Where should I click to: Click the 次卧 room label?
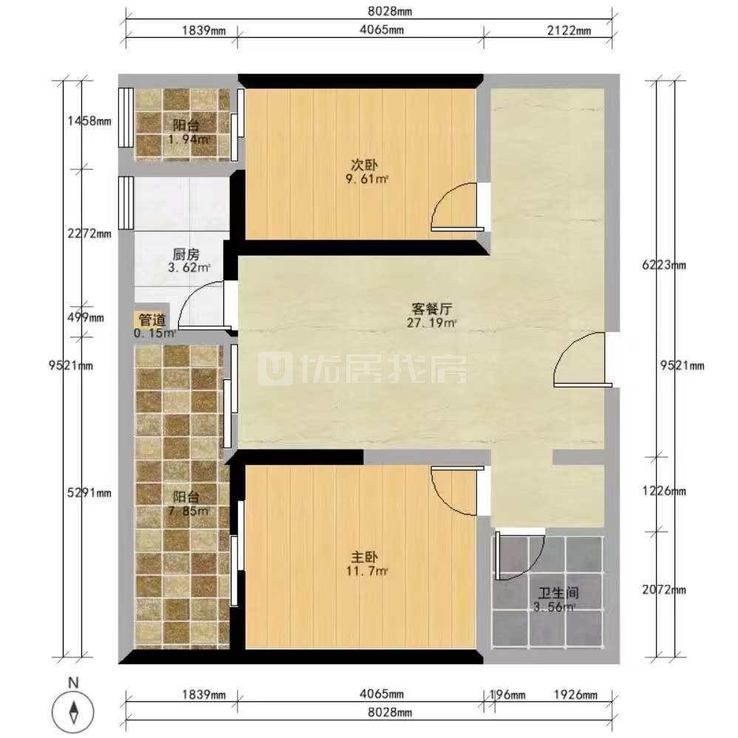[x=365, y=165]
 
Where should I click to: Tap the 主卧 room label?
[x=365, y=558]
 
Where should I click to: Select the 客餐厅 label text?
[x=432, y=309]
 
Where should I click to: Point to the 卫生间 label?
[x=558, y=593]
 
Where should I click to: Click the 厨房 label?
[x=186, y=254]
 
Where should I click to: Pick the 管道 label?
[x=152, y=320]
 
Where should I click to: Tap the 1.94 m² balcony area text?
[x=189, y=139]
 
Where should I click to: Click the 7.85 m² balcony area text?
[x=189, y=511]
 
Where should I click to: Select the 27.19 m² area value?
[x=432, y=323]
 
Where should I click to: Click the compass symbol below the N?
[x=73, y=711]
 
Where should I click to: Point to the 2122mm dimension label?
[x=569, y=30]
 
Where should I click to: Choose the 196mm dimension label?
[x=507, y=694]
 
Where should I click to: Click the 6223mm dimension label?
[x=663, y=265]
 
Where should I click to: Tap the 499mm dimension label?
[x=85, y=318]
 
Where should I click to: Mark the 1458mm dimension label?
[x=89, y=121]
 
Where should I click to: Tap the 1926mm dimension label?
[x=575, y=694]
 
